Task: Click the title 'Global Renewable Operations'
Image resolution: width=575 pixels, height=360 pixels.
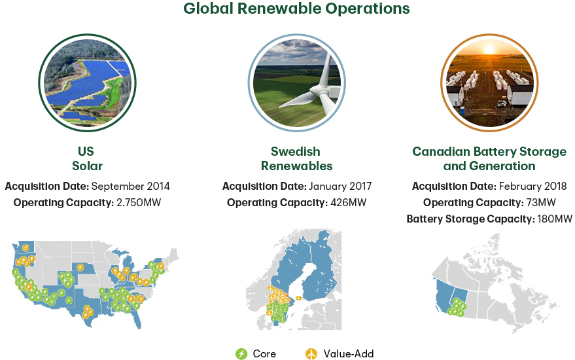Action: tap(296, 9)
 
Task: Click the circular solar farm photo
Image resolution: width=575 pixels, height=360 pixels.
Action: tap(87, 82)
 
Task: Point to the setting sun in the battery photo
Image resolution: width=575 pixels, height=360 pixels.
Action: tap(489, 49)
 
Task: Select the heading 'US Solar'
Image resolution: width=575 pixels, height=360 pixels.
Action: tap(87, 158)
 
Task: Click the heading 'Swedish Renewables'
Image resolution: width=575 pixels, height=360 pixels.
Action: tap(296, 158)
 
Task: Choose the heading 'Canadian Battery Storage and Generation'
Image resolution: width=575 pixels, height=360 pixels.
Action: tap(489, 158)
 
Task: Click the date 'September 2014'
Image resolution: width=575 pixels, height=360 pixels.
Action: tap(131, 187)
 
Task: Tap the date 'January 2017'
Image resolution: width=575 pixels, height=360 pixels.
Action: tap(340, 187)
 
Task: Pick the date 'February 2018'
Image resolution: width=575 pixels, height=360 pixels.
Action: tap(533, 187)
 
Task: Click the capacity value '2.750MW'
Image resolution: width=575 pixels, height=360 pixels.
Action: tap(139, 202)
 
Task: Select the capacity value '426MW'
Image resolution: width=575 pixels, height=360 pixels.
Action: tap(349, 202)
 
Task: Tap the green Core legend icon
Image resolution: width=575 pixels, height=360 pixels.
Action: tap(241, 353)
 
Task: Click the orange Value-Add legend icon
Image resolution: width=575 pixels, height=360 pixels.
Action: tap(311, 353)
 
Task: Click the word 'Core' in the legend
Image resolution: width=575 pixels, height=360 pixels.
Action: tap(264, 353)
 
